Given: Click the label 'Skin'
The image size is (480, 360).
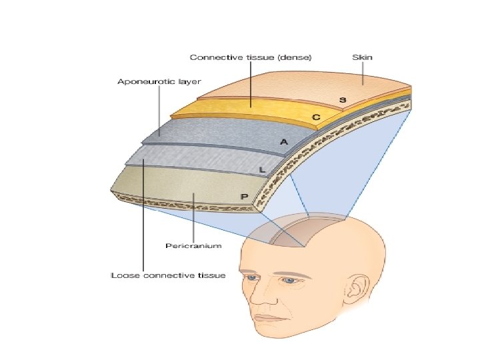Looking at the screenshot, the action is [x=363, y=57].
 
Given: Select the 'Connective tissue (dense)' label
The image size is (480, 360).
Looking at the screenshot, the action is [x=251, y=57].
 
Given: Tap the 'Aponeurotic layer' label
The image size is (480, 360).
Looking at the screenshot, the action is [x=159, y=81].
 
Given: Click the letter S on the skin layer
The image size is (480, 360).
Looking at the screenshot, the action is [x=342, y=100].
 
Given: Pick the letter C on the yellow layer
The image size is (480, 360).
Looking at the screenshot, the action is [x=317, y=117].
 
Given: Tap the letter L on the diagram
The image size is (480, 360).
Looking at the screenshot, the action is [x=262, y=170].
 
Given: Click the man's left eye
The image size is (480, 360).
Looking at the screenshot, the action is [x=288, y=281].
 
